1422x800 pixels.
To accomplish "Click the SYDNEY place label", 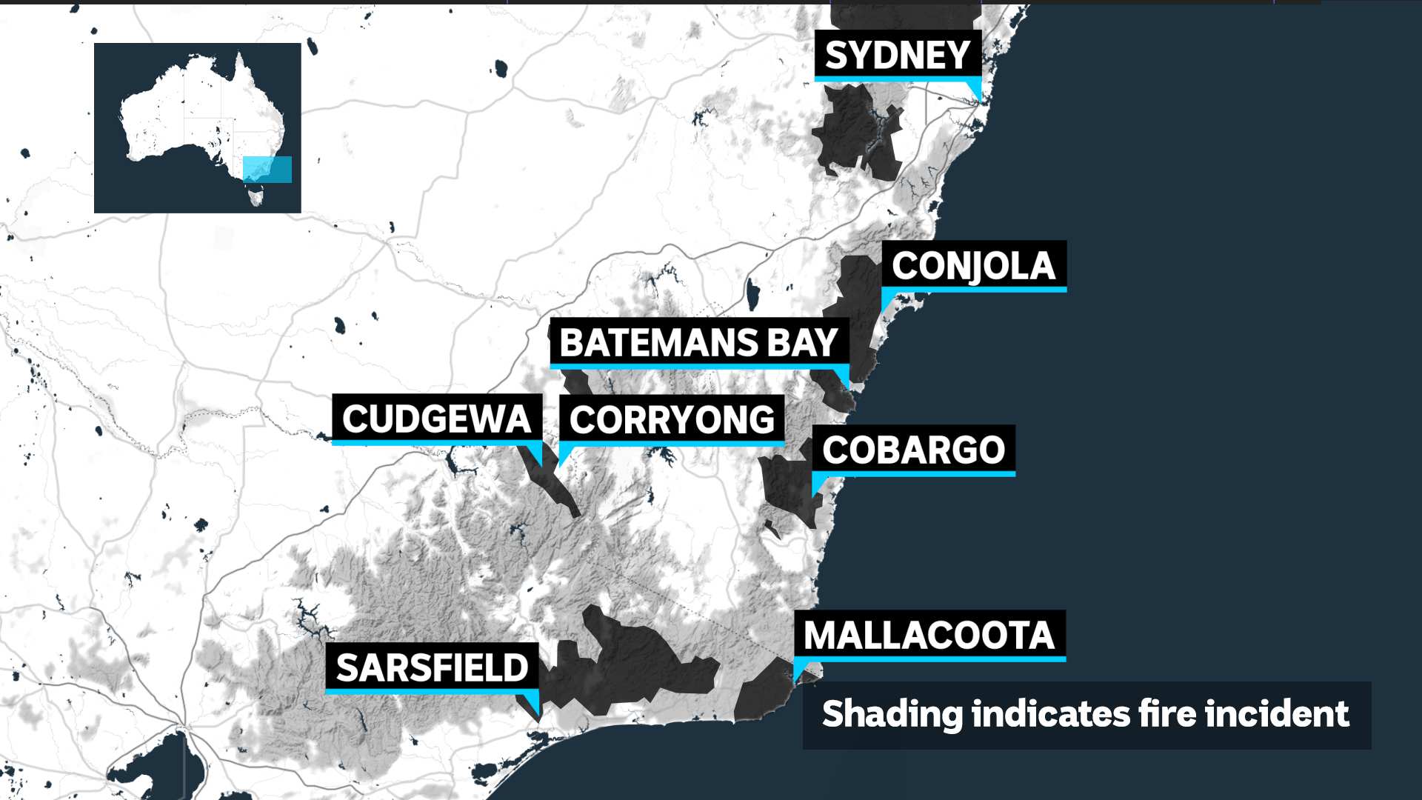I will pyautogui.click(x=898, y=55).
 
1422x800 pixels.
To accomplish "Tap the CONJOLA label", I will pyautogui.click(x=973, y=265).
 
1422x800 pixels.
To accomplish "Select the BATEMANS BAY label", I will pyautogui.click(x=698, y=342).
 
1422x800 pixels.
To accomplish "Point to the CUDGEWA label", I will pyautogui.click(x=436, y=419).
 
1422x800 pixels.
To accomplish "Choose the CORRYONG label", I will pyautogui.click(x=672, y=419).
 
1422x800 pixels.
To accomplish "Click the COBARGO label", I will pyautogui.click(x=913, y=450).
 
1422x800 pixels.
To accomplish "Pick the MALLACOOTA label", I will pyautogui.click(x=929, y=635).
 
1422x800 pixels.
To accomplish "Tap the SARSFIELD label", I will pyautogui.click(x=432, y=667).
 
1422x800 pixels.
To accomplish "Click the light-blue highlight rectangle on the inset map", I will pyautogui.click(x=267, y=170).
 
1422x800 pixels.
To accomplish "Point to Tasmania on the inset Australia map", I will pyautogui.click(x=256, y=196).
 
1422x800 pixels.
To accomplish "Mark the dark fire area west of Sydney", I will pyautogui.click(x=852, y=130).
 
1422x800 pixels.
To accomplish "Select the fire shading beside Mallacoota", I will pyautogui.click(x=763, y=693).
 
